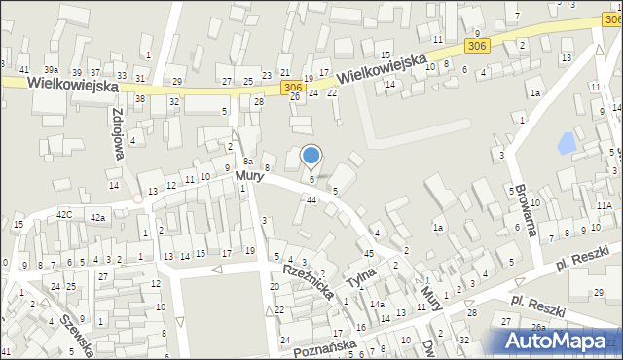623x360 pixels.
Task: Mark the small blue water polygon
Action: (x=566, y=145)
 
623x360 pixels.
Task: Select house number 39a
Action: (x=51, y=70)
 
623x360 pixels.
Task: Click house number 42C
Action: (x=64, y=214)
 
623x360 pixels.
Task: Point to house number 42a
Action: (x=97, y=218)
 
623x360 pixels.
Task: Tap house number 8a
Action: (x=248, y=161)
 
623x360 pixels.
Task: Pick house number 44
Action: (x=311, y=199)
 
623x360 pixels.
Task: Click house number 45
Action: (x=369, y=254)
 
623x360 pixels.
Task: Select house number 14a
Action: (x=376, y=305)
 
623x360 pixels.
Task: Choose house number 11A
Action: (x=605, y=206)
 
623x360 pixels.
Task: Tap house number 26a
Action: (x=537, y=327)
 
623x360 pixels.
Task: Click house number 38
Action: (x=140, y=99)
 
